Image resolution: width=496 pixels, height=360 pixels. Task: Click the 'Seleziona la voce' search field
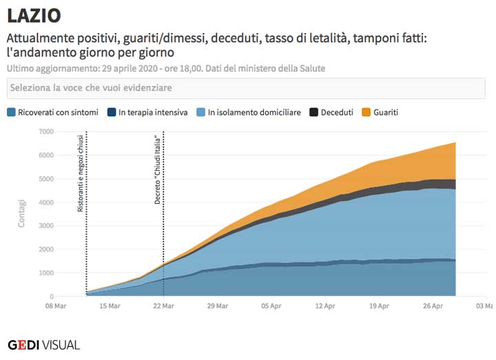[x=247, y=88]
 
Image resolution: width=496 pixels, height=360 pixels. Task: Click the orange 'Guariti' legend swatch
[x=366, y=112]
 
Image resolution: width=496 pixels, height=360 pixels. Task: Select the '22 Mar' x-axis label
[x=163, y=306]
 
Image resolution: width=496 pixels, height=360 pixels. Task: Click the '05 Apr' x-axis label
[x=271, y=306]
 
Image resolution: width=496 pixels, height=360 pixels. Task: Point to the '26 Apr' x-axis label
[x=432, y=306]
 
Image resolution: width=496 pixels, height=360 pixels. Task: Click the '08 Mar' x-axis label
[x=56, y=306]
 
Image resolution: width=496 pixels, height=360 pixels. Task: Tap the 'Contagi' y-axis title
[x=21, y=214]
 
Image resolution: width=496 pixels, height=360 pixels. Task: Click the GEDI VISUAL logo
[x=43, y=345]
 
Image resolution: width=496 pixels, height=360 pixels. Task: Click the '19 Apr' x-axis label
[x=378, y=306]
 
